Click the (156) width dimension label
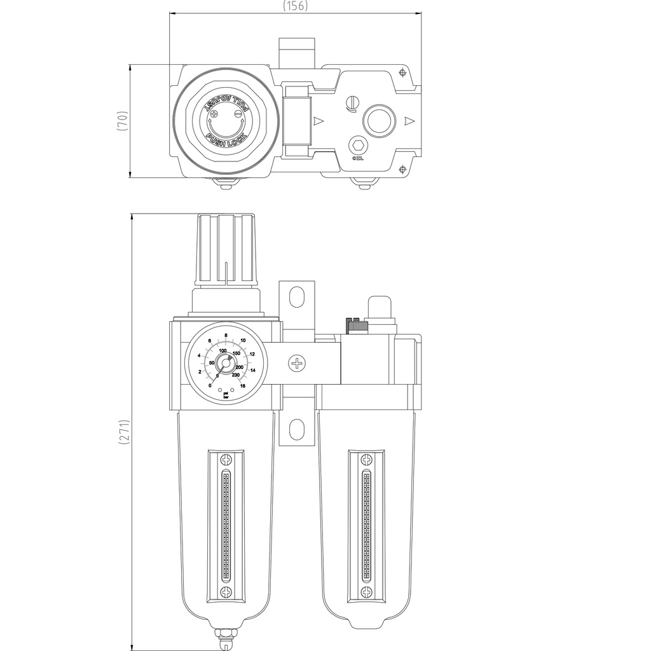point(295,6)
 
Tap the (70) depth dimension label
point(125,121)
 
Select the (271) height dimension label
point(125,432)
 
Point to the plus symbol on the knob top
point(215,114)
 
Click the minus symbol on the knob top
point(238,114)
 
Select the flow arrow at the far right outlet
point(409,120)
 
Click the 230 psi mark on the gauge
point(236,375)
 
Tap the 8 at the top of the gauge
point(226,335)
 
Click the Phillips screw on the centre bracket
point(297,364)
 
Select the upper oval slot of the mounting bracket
point(297,297)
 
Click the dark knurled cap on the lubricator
point(356,325)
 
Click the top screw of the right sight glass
point(366,459)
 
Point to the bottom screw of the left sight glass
point(226,592)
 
